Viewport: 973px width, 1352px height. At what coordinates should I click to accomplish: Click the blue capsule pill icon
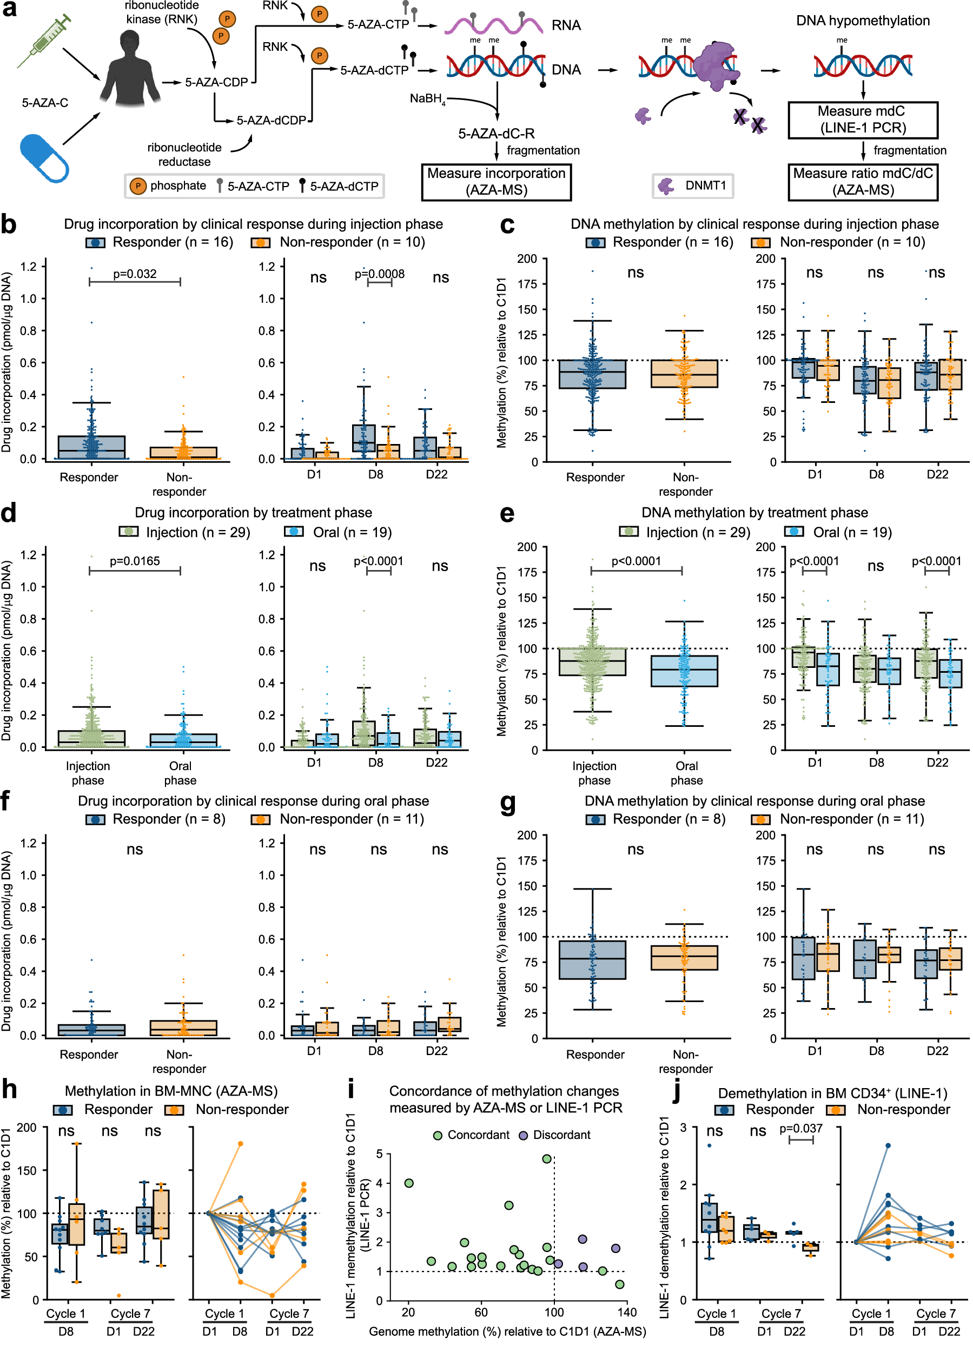[x=43, y=157]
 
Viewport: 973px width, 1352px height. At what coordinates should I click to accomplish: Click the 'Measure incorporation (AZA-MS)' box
[x=496, y=182]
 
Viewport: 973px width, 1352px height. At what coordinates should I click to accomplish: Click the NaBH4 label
[x=427, y=99]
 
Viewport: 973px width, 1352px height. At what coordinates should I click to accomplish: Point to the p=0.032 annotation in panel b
[x=135, y=274]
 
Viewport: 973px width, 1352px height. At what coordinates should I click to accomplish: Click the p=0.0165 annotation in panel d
[x=135, y=561]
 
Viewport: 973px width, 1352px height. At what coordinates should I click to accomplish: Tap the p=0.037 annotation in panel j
[x=800, y=1129]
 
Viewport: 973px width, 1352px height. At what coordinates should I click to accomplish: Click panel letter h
[x=9, y=1089]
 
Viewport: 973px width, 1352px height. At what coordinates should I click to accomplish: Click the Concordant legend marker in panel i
[x=438, y=1135]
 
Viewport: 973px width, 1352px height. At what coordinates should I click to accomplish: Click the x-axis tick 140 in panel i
[x=627, y=1313]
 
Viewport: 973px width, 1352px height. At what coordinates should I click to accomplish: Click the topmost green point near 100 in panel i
[x=547, y=1159]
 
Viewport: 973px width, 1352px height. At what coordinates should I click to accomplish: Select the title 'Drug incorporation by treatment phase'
[x=253, y=513]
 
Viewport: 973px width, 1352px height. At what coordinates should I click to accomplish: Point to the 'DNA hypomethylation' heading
[x=862, y=21]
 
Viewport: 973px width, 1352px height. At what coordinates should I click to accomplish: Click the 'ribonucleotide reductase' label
[x=184, y=154]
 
